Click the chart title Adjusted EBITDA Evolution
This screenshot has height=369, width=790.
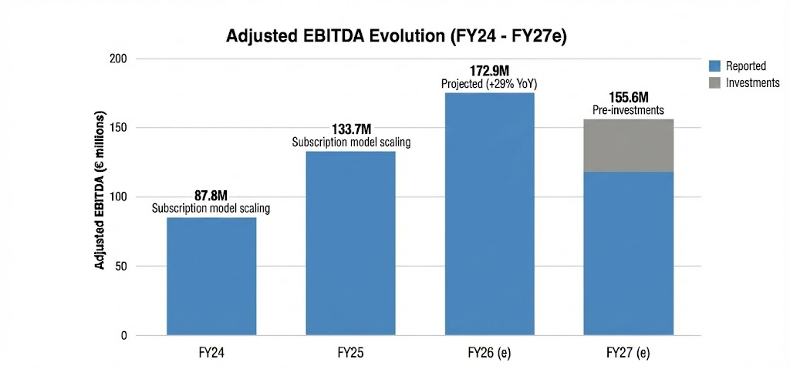396,36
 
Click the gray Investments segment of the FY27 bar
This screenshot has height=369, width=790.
629,146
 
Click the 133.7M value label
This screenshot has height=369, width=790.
351,129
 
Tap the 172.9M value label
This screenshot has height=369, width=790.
490,71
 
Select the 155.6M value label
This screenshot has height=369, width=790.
629,99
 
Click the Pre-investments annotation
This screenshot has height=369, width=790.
629,111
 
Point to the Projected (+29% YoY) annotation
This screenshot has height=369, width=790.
490,83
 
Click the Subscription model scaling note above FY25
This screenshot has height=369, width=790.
351,142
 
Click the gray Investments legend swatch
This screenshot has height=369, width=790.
714,82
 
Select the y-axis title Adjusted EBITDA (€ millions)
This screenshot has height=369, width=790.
100,197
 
